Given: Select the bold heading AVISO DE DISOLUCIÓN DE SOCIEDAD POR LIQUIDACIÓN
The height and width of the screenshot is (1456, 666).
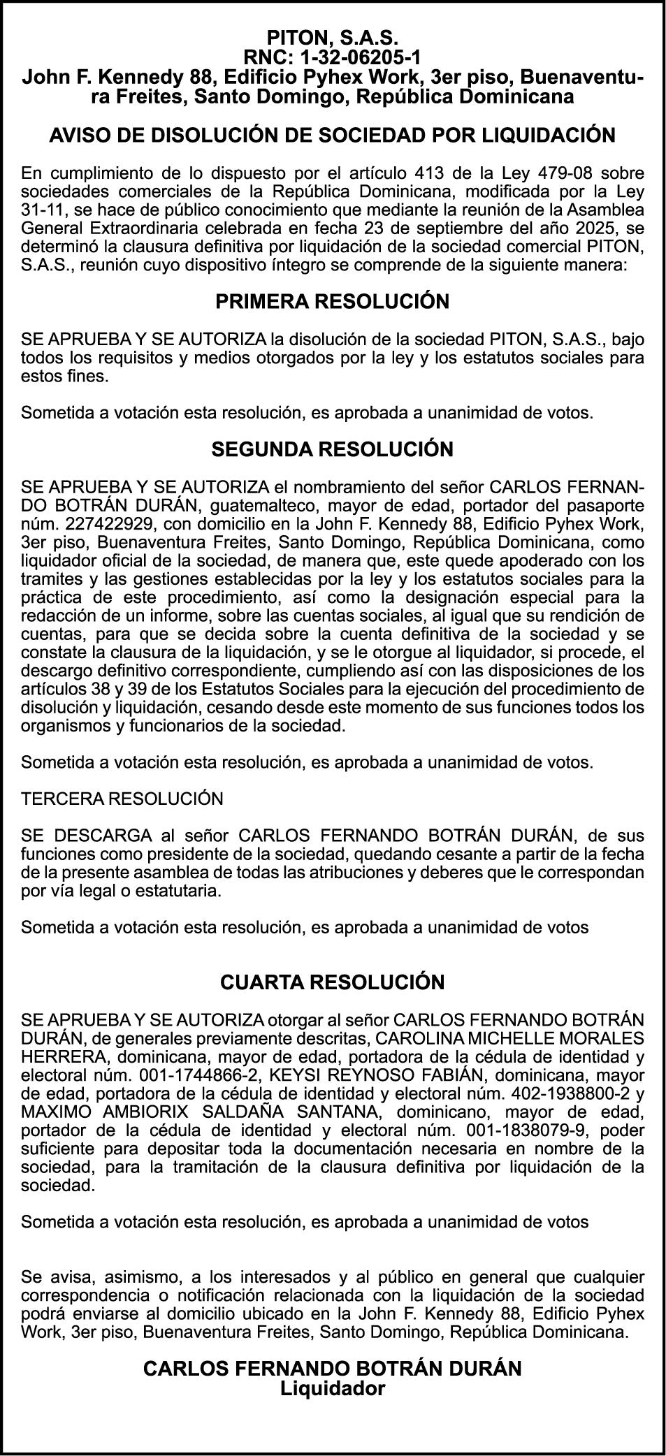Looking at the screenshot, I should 333,135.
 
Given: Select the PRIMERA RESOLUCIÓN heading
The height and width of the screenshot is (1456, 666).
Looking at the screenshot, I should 333,301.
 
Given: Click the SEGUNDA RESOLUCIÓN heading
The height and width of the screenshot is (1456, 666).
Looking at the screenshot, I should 333,449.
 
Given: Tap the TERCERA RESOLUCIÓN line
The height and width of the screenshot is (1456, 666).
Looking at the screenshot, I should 122,799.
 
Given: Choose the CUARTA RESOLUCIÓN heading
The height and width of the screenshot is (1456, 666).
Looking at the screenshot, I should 333,982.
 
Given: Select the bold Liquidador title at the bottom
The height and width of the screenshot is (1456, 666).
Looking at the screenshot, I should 333,1388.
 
